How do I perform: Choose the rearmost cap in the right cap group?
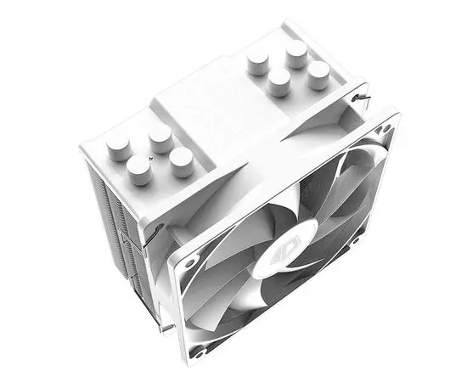coord(296,53)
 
